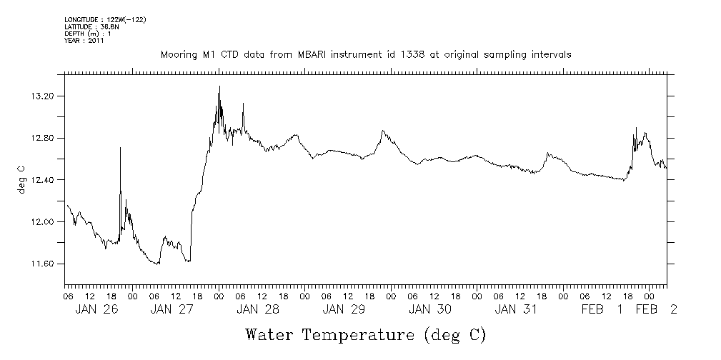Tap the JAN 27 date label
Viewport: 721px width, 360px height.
172,309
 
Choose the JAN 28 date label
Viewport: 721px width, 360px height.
258,309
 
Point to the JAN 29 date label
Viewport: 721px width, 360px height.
344,309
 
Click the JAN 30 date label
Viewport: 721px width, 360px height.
429,309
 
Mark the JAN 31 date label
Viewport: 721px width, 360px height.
515,309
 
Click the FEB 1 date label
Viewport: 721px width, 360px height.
602,309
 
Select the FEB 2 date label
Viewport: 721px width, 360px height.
656,309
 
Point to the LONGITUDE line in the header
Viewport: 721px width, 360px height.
105,20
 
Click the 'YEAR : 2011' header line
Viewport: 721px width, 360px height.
84,41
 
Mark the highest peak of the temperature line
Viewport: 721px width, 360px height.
219,86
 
